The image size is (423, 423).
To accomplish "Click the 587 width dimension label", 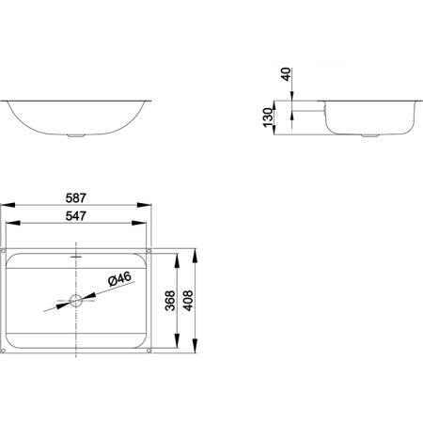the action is (x=75, y=198).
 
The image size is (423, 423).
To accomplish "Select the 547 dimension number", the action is (x=75, y=216).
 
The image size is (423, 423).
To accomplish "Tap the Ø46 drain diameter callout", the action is (x=119, y=278).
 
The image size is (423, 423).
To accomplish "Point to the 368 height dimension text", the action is (x=170, y=301).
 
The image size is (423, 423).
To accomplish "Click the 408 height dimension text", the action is (x=188, y=301).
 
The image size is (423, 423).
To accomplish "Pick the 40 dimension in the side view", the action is (x=287, y=74).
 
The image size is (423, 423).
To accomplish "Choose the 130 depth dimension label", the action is (x=269, y=117).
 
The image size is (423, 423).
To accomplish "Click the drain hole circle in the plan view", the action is (x=76, y=301).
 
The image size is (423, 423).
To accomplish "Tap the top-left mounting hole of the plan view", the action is (x=4, y=251).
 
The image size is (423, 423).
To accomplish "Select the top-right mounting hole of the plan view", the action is (x=149, y=251).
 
